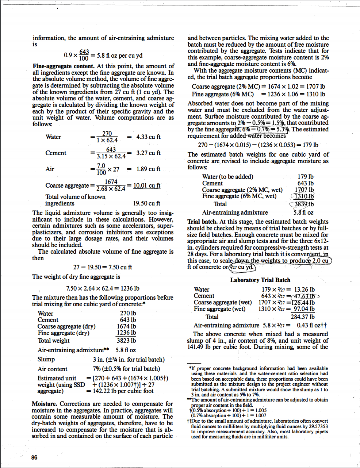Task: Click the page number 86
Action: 34,457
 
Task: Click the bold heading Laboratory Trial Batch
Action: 260,280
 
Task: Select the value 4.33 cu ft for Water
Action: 148,137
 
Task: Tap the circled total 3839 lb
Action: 304,204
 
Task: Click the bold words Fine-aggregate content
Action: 64,66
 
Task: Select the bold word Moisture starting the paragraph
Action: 44,404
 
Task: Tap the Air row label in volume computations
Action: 50,169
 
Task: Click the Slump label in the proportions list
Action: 46,359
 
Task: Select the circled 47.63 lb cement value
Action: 305,296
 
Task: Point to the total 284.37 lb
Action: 303,317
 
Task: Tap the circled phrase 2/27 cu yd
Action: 242,267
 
